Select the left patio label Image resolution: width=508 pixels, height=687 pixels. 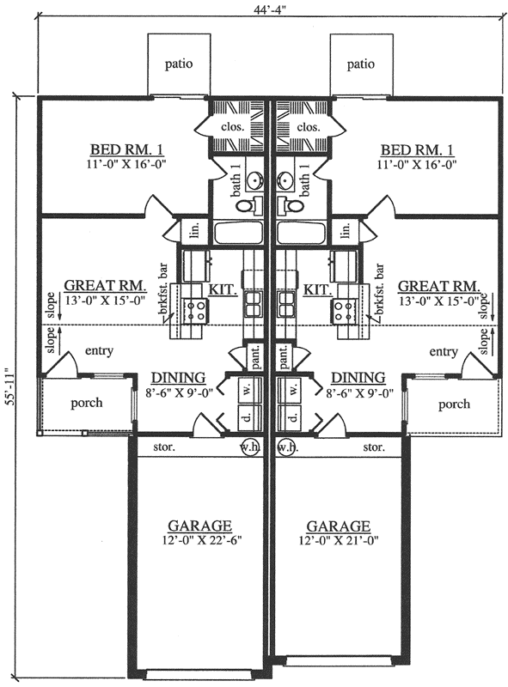179,63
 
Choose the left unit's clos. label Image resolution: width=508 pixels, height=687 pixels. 235,126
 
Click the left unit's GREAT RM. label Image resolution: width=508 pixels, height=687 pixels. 105,286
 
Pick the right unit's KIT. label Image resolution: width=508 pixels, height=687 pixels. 318,291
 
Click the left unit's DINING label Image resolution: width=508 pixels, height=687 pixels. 177,377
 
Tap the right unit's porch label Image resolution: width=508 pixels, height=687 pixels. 455,403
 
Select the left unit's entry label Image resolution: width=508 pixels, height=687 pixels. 100,351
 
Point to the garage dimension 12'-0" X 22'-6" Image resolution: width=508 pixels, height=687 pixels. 199,541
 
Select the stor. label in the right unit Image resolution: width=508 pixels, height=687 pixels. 373,447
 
